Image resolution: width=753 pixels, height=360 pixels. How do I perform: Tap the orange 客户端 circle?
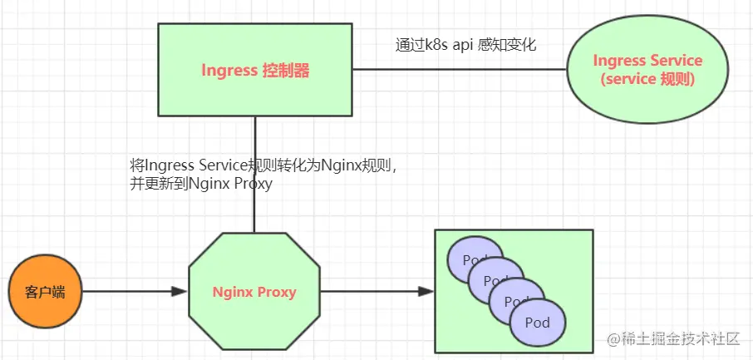45,293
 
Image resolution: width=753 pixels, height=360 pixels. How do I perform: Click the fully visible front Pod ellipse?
538,323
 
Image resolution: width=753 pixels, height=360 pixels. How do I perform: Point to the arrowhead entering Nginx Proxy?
178,292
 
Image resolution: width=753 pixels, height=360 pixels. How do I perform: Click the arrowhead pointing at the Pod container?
426,292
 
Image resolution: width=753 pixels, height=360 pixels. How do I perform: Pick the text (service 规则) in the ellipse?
647,80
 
